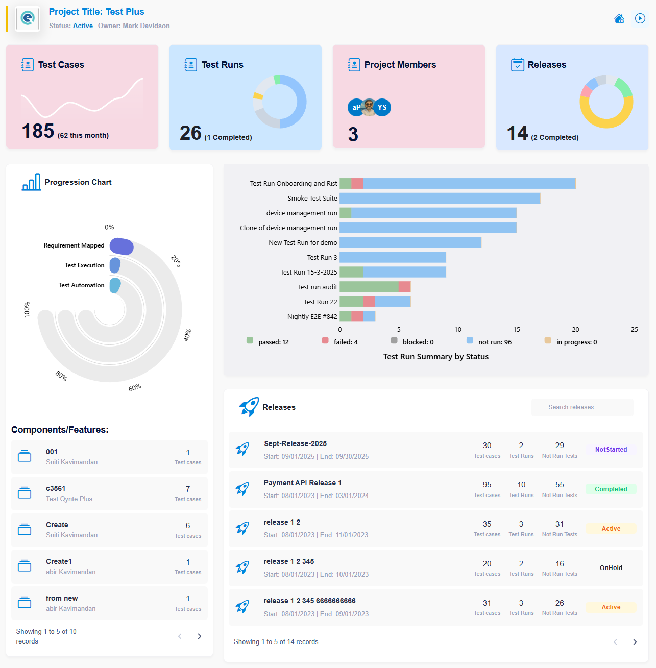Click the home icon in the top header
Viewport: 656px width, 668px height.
click(x=619, y=19)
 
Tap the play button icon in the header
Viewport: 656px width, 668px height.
click(x=640, y=18)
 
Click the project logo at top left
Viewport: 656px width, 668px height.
click(x=28, y=19)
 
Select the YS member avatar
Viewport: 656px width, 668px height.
click(x=382, y=107)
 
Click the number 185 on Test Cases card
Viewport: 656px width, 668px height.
click(x=38, y=131)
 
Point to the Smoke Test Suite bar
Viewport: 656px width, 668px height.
click(x=440, y=198)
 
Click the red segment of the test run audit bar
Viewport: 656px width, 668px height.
click(x=404, y=287)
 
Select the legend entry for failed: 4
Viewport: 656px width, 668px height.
click(x=340, y=342)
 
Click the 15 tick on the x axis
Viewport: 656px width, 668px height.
click(x=517, y=330)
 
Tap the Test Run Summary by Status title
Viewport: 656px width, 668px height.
click(x=435, y=357)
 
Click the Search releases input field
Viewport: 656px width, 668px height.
click(x=582, y=407)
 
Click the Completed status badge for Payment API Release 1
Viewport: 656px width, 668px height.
click(x=611, y=489)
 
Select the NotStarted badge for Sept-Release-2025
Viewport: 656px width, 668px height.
click(x=611, y=450)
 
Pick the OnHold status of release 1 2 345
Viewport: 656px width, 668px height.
click(x=611, y=568)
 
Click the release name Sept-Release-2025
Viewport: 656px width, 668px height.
click(x=295, y=444)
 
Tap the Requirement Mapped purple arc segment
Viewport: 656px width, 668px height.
click(x=122, y=246)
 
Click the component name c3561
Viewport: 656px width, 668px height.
click(x=56, y=489)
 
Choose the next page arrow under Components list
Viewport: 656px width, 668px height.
click(x=200, y=636)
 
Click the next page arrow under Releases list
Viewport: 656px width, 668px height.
click(x=635, y=642)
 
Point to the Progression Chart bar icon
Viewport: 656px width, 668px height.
click(x=31, y=182)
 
